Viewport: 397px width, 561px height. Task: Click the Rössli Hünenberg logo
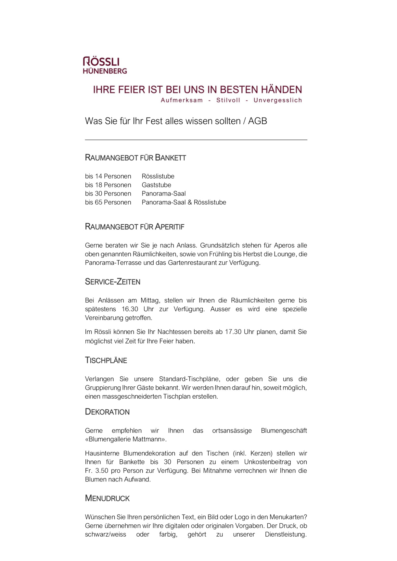click(105, 65)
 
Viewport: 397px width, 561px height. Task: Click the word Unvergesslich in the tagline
click(278, 100)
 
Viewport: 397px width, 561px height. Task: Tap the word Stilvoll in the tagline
click(228, 100)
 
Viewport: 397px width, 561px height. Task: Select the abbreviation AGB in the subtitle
click(257, 121)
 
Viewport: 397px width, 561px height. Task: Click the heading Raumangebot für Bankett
click(135, 158)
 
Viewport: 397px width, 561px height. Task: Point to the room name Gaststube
click(156, 185)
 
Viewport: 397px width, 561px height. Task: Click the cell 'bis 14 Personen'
click(108, 176)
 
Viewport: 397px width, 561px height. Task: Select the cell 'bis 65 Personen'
click(108, 202)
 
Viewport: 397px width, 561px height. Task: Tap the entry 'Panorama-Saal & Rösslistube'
click(184, 202)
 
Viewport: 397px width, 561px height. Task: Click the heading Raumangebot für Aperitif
click(134, 227)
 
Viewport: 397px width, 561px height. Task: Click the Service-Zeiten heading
click(113, 282)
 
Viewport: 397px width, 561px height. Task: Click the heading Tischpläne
click(106, 360)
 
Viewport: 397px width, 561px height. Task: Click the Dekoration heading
click(107, 412)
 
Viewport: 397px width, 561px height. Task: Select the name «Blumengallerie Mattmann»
click(126, 439)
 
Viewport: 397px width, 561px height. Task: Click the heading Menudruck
click(107, 498)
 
